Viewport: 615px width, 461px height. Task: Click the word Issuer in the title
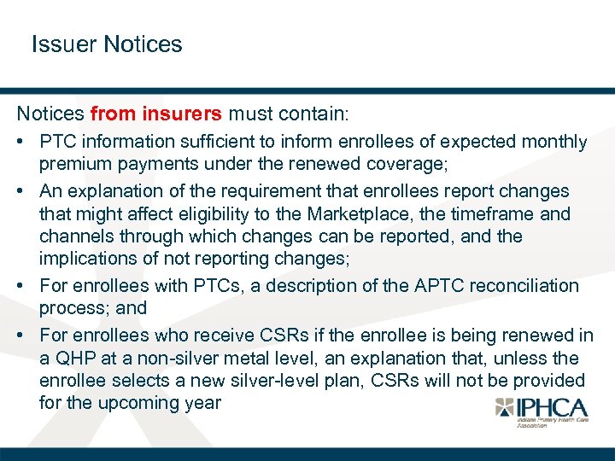(x=64, y=44)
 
